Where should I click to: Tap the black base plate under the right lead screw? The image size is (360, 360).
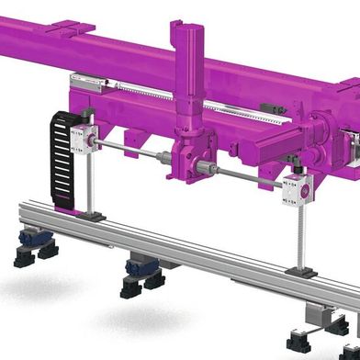pyautogui.click(x=300, y=272)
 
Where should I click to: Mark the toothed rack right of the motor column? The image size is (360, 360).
pyautogui.click(x=248, y=117)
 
